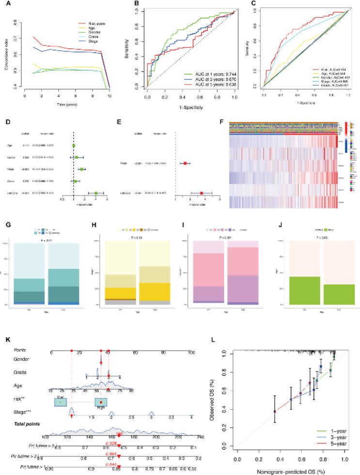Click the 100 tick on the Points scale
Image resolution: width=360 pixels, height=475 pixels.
click(191, 352)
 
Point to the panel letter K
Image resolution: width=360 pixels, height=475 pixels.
click(5, 340)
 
